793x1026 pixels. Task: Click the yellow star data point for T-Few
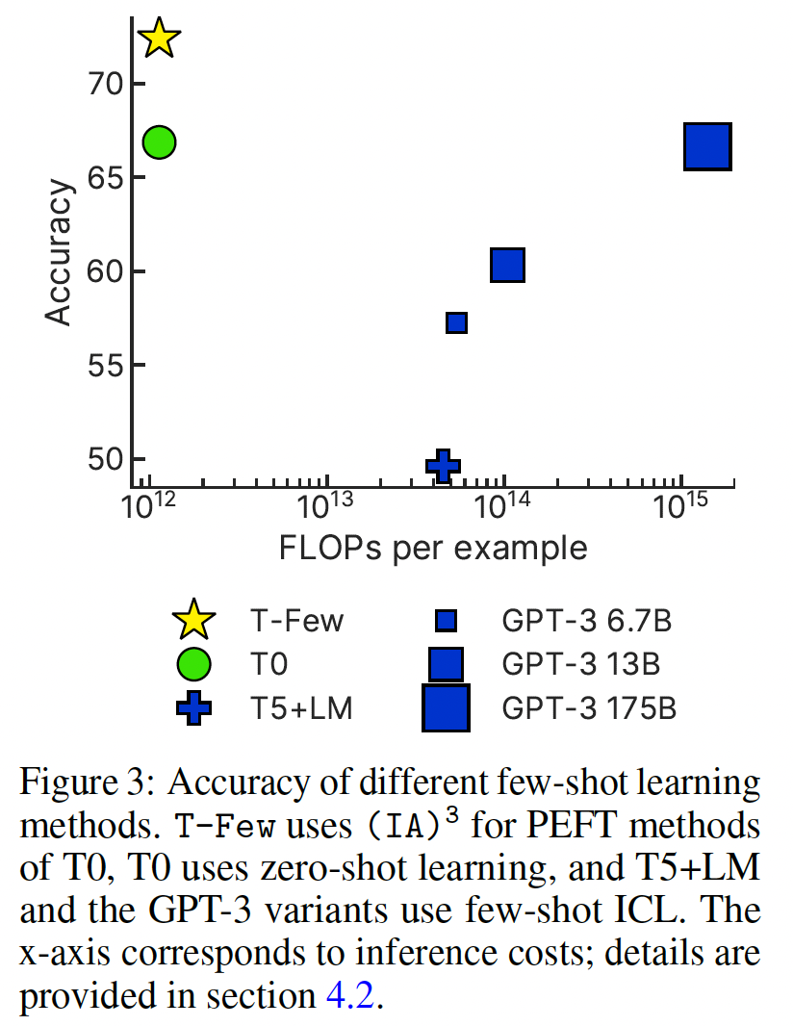tap(159, 39)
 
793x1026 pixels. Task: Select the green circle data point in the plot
tap(159, 142)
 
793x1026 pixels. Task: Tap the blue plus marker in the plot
tap(442, 466)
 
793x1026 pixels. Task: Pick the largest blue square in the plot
tap(708, 146)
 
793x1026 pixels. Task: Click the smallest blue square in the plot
tap(457, 322)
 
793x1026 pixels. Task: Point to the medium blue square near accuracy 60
tap(507, 265)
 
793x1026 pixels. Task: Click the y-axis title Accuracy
tap(60, 252)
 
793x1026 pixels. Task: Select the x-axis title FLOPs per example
tap(433, 549)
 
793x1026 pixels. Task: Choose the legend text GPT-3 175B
tap(589, 709)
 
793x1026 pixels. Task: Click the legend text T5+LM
tap(302, 709)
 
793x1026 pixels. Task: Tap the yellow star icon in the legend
tap(193, 619)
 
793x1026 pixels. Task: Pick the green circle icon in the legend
tap(193, 664)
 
